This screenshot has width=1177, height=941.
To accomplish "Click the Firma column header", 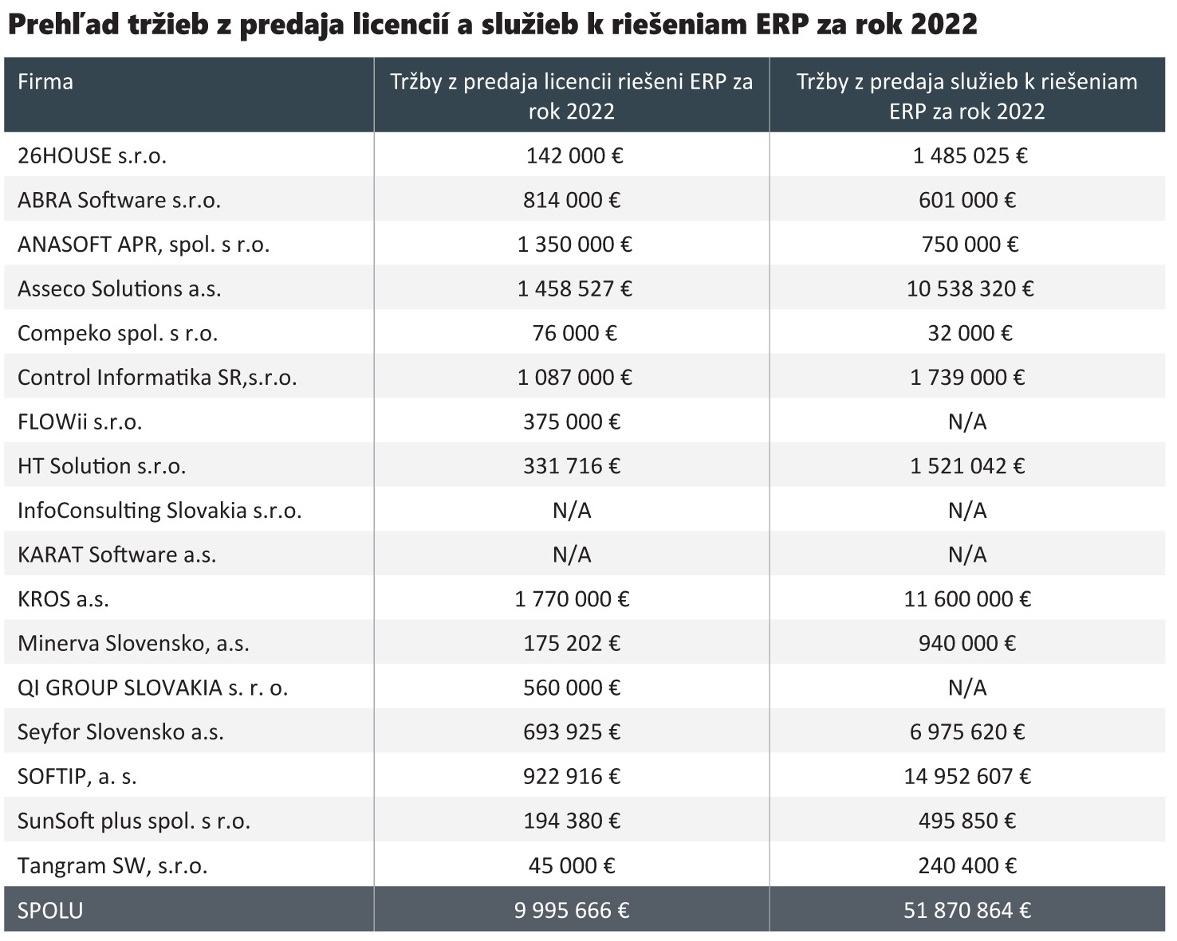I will click(x=45, y=82).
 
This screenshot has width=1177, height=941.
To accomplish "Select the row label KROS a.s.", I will click(x=63, y=599).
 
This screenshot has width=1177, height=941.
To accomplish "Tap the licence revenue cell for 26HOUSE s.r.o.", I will click(x=573, y=155).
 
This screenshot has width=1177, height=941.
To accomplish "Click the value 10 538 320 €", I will click(x=969, y=288).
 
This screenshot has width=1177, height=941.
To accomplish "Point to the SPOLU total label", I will click(x=50, y=910).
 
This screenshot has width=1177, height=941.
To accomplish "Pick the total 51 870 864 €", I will click(x=966, y=910).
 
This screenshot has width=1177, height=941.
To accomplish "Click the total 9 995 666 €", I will click(x=572, y=910).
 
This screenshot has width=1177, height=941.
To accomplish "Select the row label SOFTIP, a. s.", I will click(x=77, y=776).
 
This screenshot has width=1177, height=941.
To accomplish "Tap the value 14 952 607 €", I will click(x=966, y=776).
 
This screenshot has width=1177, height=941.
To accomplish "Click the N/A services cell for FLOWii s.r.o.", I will click(x=966, y=421).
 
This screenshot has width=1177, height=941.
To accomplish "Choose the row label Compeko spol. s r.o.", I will click(x=117, y=333).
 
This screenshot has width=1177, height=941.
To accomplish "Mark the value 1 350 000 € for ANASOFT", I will click(x=574, y=244).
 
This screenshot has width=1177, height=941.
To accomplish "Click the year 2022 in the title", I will click(x=943, y=25).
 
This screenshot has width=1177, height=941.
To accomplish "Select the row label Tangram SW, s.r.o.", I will click(x=112, y=865).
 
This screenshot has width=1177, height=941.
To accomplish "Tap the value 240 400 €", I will click(x=966, y=865).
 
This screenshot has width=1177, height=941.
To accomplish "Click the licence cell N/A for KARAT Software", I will click(x=572, y=555).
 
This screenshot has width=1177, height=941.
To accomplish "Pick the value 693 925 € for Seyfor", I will click(x=572, y=731).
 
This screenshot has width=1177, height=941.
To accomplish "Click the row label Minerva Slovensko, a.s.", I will click(x=133, y=643).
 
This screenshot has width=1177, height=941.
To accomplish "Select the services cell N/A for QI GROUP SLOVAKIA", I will click(x=966, y=688).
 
